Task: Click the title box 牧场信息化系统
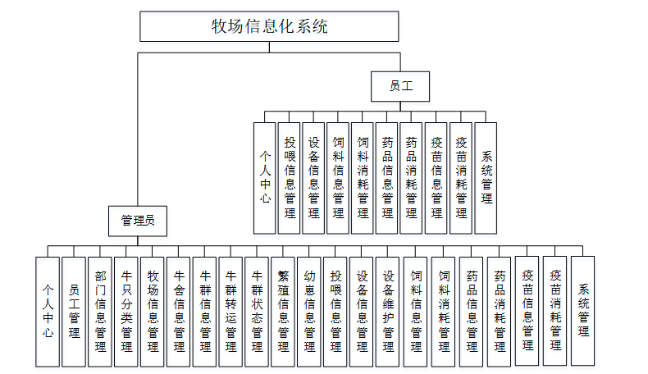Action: coord(269,26)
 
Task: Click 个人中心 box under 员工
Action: coord(264,176)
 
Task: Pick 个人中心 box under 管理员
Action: coord(48,311)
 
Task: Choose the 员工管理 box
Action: coord(74,311)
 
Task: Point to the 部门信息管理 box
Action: coord(100,311)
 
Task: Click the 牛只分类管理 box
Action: coord(126,311)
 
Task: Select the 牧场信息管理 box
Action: coord(153,311)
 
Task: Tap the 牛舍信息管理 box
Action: coord(179,311)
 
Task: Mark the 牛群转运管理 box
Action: coord(231,311)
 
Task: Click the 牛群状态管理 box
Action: coord(257,311)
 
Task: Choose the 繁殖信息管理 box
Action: coord(283,311)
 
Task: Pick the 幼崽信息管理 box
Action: coord(309,311)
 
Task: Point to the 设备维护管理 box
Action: coord(388,311)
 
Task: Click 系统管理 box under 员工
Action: coord(486,176)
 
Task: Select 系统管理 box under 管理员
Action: coord(582,311)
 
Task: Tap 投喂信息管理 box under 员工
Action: coord(289,176)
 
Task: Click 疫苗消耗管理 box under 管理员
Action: coord(555,311)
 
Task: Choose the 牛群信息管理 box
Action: coord(205,311)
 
